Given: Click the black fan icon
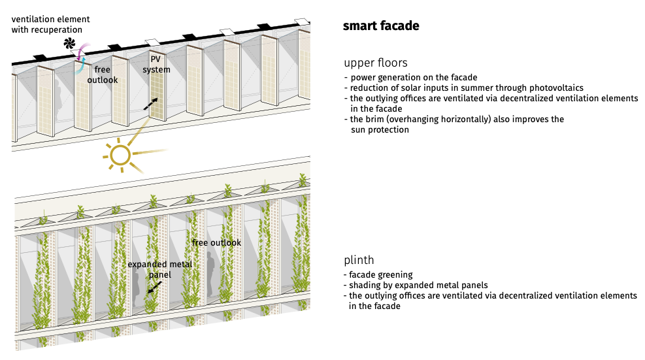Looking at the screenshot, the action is click(69, 43).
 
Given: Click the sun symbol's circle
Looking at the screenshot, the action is click(120, 155).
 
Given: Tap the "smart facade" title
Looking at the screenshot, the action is click(381, 25).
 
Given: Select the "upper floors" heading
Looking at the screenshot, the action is click(376, 63).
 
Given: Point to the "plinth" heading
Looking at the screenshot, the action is click(359, 260).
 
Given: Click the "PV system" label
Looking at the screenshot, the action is click(156, 64).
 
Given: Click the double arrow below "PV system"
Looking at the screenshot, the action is click(150, 104).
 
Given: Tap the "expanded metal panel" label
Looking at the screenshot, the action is click(160, 269).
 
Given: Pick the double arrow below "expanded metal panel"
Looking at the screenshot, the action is click(155, 287).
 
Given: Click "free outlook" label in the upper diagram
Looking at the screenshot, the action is click(103, 74).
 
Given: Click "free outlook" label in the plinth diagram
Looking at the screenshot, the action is click(216, 243).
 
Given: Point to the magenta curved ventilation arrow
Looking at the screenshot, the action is click(86, 50).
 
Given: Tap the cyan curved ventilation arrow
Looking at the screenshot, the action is click(79, 67).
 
